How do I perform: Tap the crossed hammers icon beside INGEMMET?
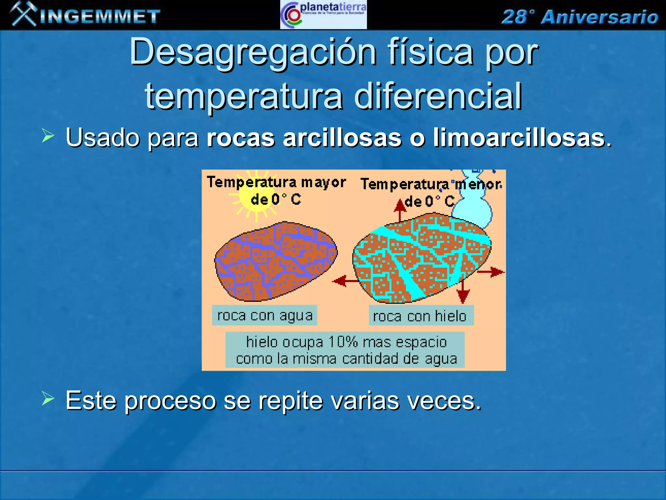click(x=23, y=14)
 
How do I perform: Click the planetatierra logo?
click(x=323, y=15)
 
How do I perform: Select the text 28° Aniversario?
click(x=579, y=17)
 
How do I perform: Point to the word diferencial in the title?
click(x=438, y=96)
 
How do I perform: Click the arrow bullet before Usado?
click(x=48, y=136)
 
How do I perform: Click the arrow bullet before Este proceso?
click(x=48, y=399)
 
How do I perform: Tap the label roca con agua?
click(x=264, y=315)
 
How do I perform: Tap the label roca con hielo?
click(x=421, y=316)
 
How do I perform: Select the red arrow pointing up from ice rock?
click(x=400, y=210)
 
